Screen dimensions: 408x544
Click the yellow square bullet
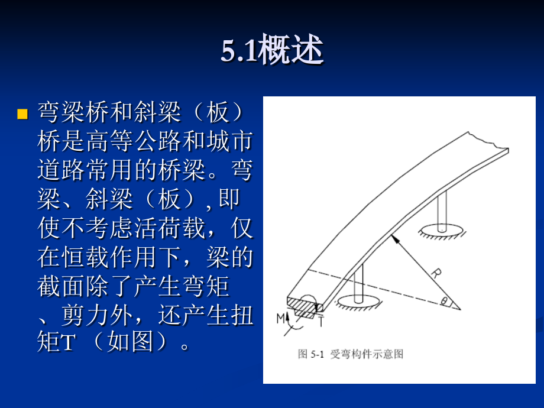22,114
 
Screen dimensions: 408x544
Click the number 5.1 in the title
239,52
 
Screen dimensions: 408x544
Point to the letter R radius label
436,274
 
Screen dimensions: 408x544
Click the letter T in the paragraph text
66,344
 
